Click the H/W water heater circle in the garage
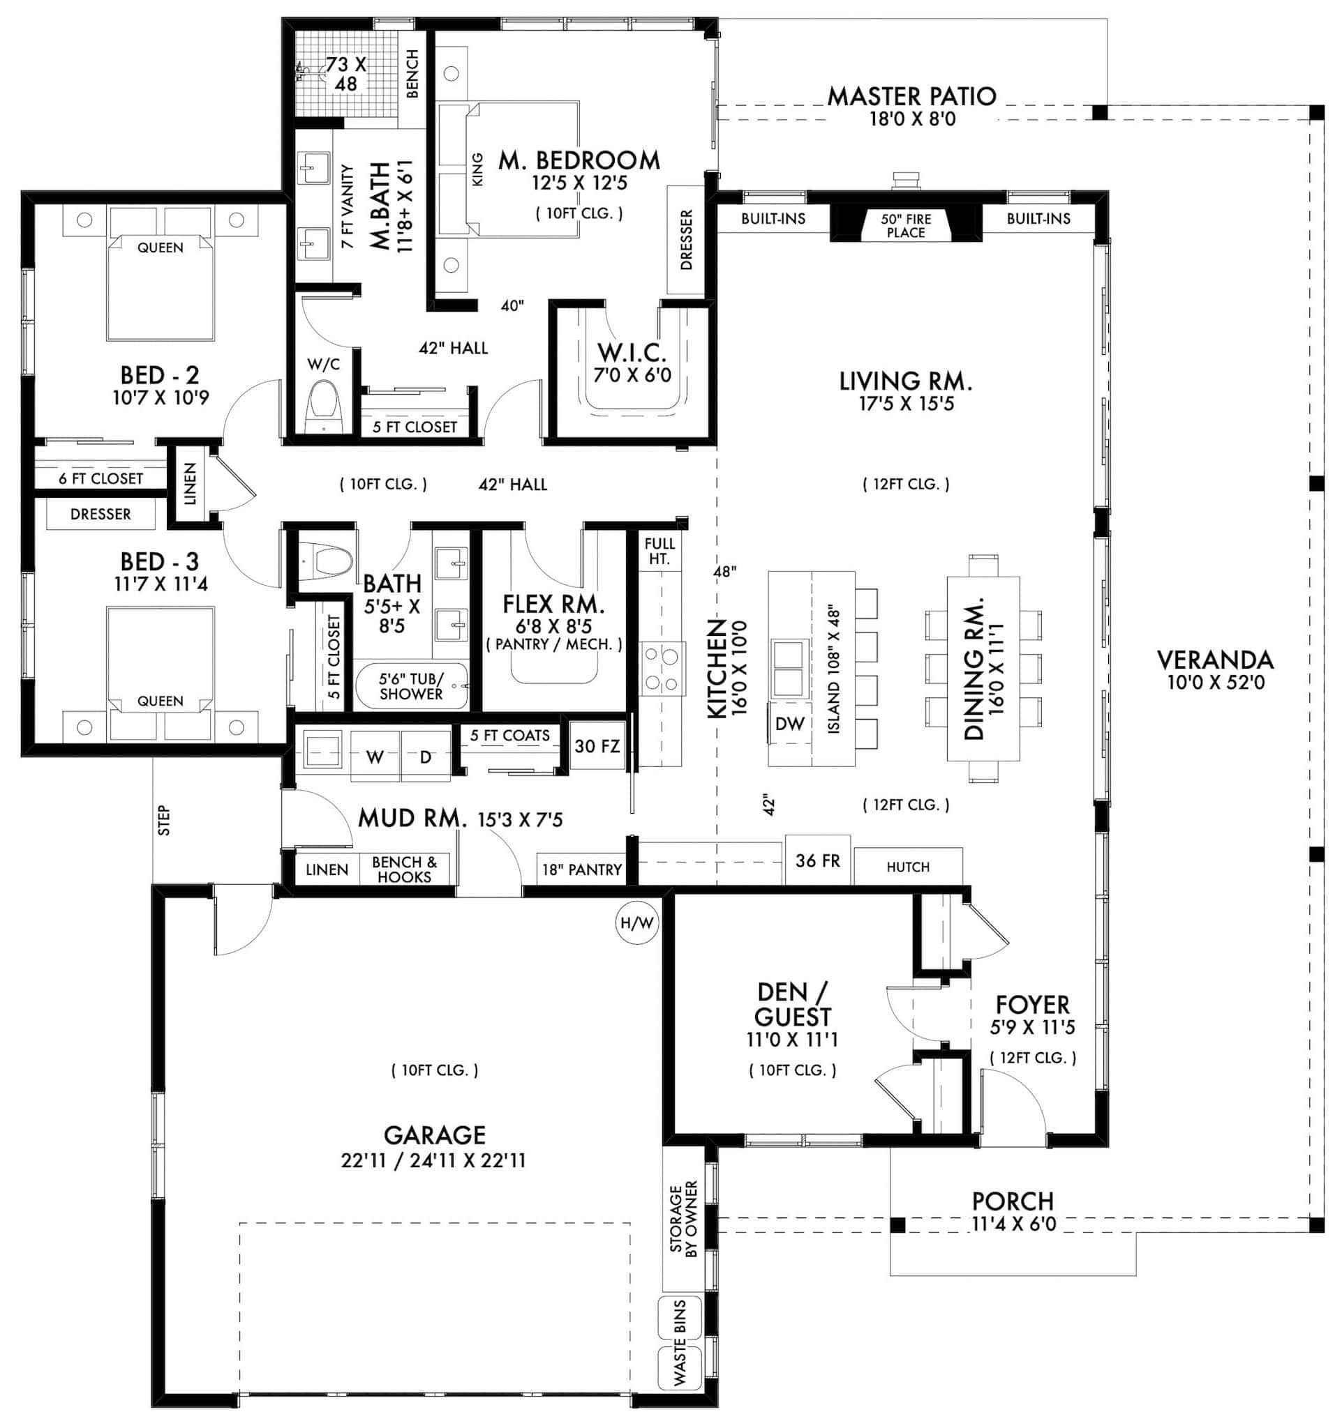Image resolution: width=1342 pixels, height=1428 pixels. tap(637, 923)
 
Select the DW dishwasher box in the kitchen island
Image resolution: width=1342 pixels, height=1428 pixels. tap(789, 724)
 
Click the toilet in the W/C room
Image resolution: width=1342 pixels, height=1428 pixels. tap(322, 408)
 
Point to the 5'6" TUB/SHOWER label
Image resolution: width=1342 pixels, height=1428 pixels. tap(411, 687)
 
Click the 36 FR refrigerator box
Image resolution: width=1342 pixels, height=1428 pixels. tap(817, 860)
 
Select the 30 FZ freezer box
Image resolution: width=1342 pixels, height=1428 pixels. tap(597, 746)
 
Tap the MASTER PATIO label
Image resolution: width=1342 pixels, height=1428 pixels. tap(911, 96)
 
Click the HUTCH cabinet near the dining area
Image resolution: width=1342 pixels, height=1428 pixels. tap(908, 867)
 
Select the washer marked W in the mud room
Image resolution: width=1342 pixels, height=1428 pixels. tap(375, 757)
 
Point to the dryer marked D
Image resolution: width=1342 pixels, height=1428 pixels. tap(426, 757)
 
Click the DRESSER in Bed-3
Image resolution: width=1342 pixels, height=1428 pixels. tap(100, 515)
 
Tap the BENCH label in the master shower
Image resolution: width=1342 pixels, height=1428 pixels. tap(412, 73)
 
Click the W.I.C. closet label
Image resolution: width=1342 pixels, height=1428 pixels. tap(632, 354)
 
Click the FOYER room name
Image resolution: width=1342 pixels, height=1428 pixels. tap(1032, 1004)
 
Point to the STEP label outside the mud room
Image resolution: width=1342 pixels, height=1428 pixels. tap(165, 820)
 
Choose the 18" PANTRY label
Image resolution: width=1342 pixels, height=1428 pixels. tap(581, 870)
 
